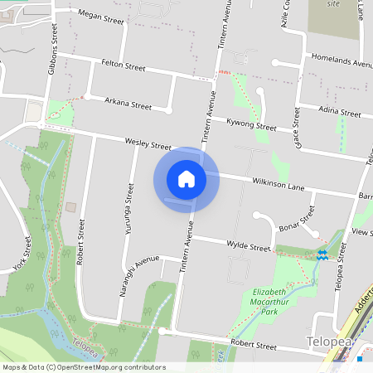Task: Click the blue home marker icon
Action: click(186, 178)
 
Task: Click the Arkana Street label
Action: click(128, 105)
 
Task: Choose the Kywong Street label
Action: click(251, 125)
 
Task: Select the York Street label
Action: click(22, 254)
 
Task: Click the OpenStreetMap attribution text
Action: click(84, 366)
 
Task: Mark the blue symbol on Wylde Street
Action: click(322, 254)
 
